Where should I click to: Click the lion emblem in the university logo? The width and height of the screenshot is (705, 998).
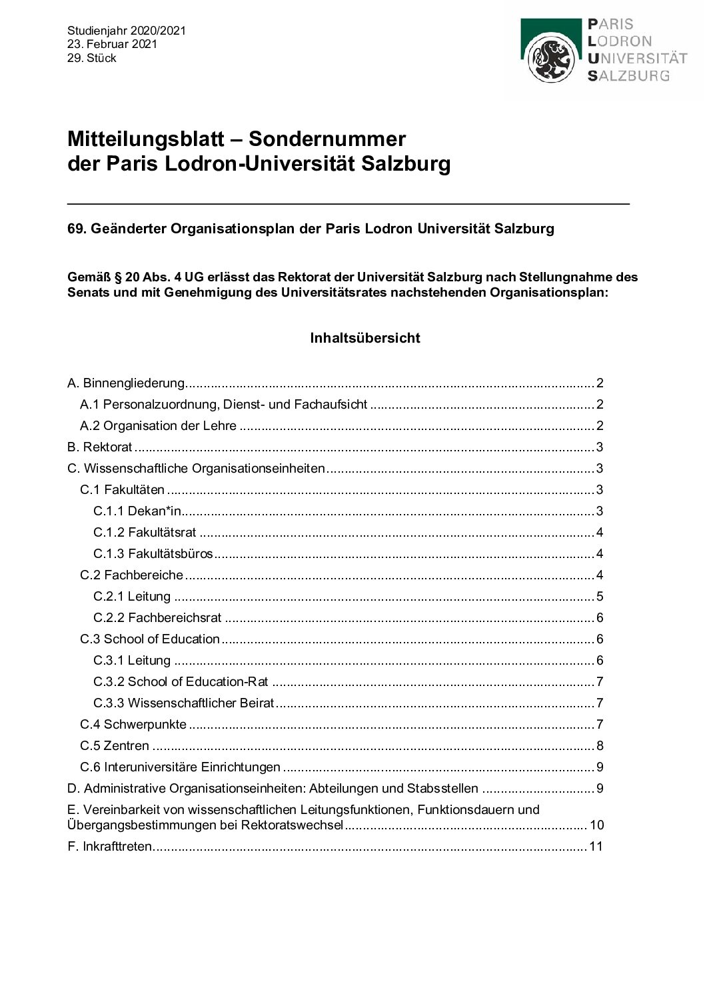coord(550,59)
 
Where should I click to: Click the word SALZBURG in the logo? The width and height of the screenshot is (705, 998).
coord(628,76)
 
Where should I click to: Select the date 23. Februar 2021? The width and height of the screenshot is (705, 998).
coord(112,44)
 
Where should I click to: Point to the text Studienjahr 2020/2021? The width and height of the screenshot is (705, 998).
coord(127,31)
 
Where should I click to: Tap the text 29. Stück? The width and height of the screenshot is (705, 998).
coord(92,58)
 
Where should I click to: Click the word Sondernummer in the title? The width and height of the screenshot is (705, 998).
coord(327,139)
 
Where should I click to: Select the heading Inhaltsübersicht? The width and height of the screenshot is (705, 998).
coord(365,338)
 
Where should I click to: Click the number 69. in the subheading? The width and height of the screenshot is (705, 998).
coord(77,229)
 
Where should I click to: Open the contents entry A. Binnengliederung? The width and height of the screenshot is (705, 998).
coord(126,383)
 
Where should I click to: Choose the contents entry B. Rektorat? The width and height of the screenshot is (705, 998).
coord(100,447)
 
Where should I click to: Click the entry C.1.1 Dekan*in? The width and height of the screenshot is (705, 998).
coord(137,511)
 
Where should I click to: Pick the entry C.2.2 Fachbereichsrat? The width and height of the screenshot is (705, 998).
coord(157,618)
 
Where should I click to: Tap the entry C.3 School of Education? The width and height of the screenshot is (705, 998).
coord(150,639)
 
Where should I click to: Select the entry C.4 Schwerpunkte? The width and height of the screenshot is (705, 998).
coord(133,725)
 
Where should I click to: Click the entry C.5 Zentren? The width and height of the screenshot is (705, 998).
coord(115,746)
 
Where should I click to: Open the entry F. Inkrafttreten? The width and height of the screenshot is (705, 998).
coord(110,847)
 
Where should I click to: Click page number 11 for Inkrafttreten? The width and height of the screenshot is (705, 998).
coord(596,847)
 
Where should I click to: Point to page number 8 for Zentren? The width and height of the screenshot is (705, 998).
coord(600,746)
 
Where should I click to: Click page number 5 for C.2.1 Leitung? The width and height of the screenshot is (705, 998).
coord(600,597)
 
